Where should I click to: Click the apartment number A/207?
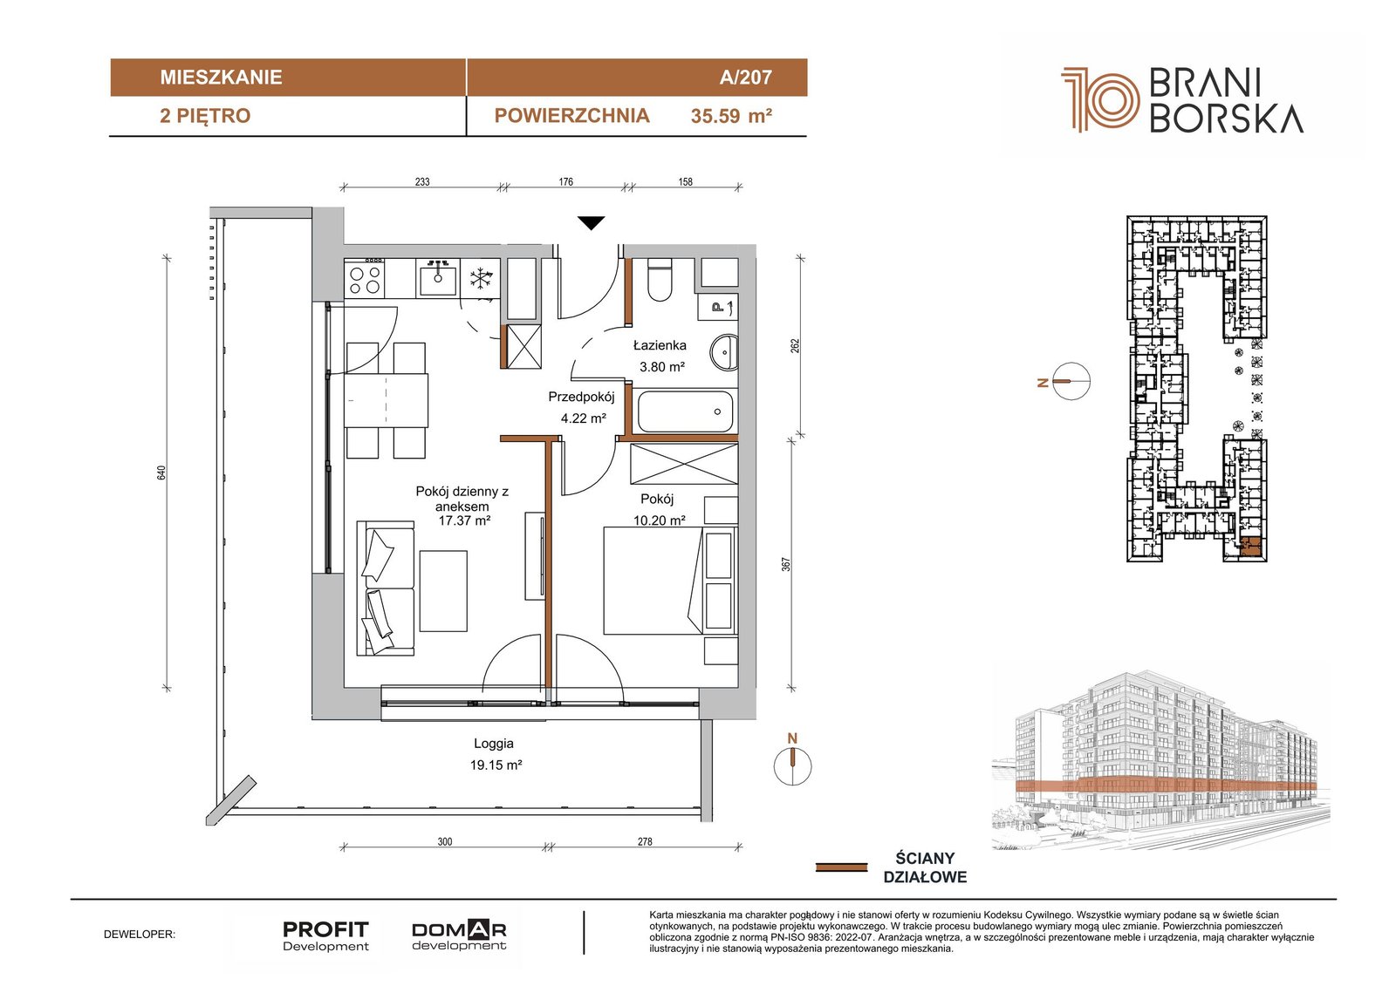(x=745, y=78)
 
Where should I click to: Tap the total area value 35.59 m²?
(x=732, y=116)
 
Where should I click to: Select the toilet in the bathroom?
(x=660, y=281)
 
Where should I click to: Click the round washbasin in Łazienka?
(x=723, y=352)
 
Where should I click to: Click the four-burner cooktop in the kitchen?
(x=365, y=280)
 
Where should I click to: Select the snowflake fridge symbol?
(x=481, y=278)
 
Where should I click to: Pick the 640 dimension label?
(x=161, y=473)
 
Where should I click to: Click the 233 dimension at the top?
(x=422, y=182)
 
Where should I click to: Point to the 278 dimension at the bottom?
(x=645, y=841)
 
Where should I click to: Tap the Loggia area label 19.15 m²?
(x=496, y=765)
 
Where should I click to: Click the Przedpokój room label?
(x=581, y=397)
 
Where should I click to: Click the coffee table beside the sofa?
(x=443, y=591)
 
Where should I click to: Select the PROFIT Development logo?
(x=325, y=935)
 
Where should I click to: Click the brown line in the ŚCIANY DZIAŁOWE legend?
(x=841, y=867)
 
